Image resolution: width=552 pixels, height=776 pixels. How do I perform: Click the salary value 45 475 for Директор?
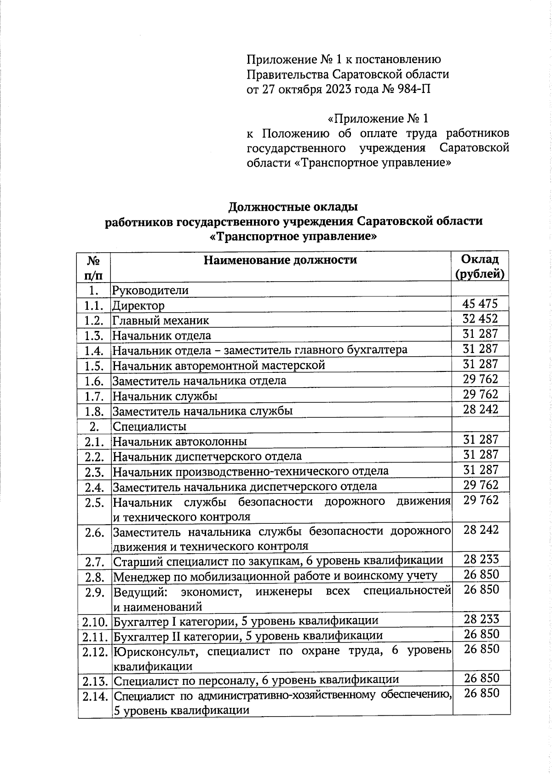tap(480, 303)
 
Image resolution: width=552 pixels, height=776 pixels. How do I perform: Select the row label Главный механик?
tap(161, 320)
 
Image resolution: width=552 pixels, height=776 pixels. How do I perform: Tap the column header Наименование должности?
tap(280, 260)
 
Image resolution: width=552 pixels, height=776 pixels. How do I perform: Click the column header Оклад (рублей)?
tap(480, 267)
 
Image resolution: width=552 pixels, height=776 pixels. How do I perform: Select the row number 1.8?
tap(94, 411)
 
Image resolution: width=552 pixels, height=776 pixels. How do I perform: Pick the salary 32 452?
tap(480, 319)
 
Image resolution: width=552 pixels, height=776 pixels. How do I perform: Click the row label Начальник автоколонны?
tap(180, 441)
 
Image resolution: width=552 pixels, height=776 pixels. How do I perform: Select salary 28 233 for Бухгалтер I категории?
tap(481, 619)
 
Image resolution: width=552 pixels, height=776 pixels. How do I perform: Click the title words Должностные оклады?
tap(293, 206)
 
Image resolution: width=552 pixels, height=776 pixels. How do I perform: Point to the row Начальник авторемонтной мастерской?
tap(219, 365)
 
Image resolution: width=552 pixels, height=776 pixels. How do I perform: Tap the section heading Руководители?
tap(150, 290)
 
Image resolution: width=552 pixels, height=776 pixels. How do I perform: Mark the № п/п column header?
tap(94, 267)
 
